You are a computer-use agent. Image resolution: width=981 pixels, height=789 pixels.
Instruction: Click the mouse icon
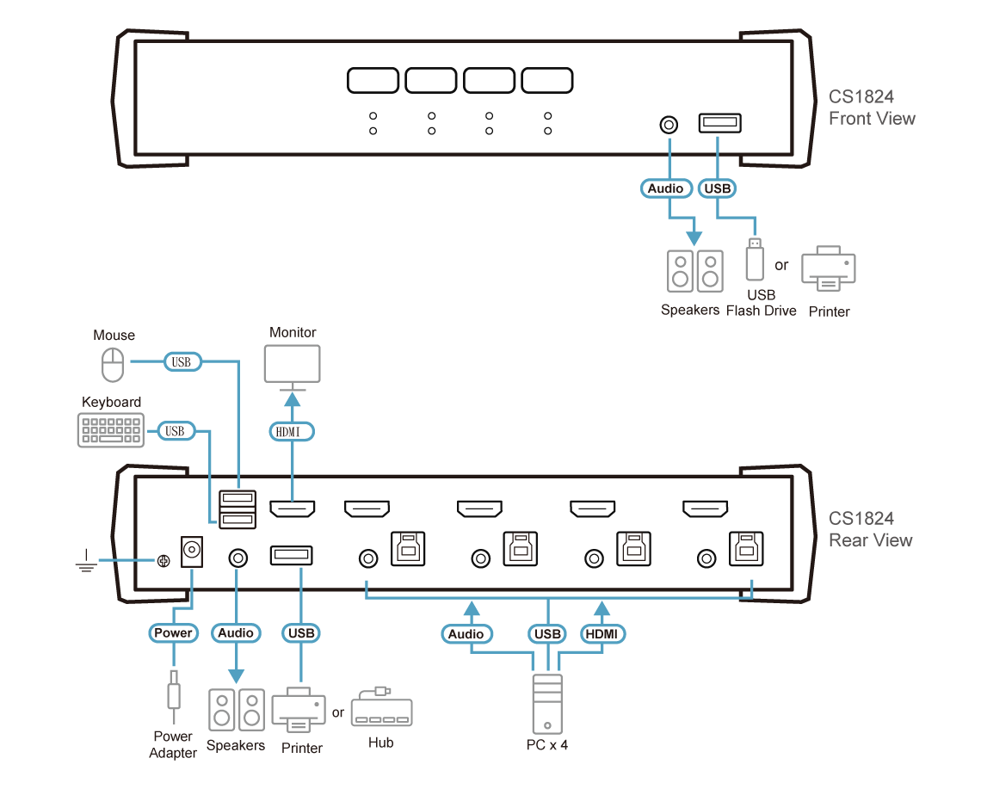[113, 366]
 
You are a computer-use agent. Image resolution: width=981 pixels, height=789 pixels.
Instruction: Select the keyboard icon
[111, 430]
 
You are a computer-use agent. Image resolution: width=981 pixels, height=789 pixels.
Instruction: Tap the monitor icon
[292, 365]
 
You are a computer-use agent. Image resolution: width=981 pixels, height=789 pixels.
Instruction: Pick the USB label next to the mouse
[181, 362]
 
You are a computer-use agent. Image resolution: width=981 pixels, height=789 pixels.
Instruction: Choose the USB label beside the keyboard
[175, 430]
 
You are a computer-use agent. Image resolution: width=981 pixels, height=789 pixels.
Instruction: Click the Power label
[173, 633]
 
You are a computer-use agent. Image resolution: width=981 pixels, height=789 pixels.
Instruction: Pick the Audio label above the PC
[467, 634]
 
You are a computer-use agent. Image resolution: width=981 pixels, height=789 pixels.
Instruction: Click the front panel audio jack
[668, 125]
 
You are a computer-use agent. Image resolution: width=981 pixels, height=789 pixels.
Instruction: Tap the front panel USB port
[719, 125]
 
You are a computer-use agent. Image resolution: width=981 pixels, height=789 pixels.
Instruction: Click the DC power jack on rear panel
[191, 551]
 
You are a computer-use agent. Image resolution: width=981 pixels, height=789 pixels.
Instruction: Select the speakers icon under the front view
[694, 270]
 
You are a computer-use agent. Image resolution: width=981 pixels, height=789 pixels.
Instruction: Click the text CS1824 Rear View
[869, 529]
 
